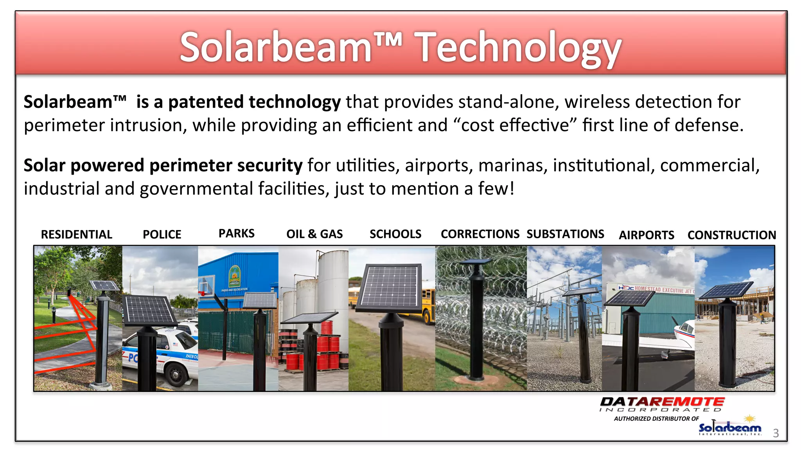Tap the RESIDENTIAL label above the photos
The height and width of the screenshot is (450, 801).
coord(77,234)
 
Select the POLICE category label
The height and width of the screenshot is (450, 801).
coord(162,234)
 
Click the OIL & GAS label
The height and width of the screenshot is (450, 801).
coord(314,234)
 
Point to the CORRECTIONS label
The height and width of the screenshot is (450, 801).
coord(480,234)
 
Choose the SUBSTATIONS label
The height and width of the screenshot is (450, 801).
coord(565,234)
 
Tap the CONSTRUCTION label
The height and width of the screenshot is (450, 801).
coord(731,235)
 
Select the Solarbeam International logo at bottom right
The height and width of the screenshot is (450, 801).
coord(730,428)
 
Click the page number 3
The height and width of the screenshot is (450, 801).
coord(776,433)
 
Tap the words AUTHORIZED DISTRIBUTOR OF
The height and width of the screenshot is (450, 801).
coord(656,419)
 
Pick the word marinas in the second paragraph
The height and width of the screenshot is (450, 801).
coord(510,165)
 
